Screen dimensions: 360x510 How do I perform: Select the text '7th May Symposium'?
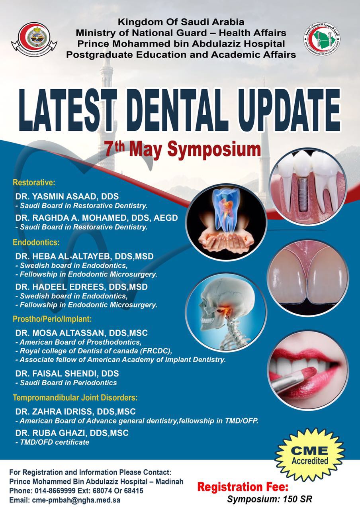[x=182, y=150]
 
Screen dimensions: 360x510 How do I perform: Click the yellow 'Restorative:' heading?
[x=34, y=183]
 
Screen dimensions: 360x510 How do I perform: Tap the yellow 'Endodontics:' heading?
[x=36, y=243]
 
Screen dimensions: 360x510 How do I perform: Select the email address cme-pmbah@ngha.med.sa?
[x=76, y=500]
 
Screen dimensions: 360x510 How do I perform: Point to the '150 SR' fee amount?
[x=297, y=499]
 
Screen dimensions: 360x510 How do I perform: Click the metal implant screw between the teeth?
[x=303, y=195]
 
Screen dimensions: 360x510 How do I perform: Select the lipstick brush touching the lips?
[x=293, y=379]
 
